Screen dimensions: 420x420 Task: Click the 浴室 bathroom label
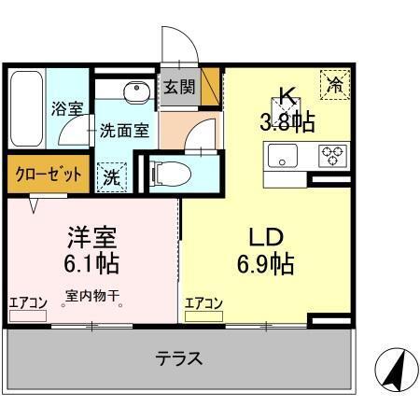(66, 109)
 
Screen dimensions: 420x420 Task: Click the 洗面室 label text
(124, 132)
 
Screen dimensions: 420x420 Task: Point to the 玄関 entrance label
(179, 89)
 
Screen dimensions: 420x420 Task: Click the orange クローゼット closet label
(48, 174)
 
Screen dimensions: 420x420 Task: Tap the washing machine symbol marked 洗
(111, 174)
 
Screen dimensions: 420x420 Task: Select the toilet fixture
(171, 172)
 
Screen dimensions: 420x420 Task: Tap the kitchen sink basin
(281, 155)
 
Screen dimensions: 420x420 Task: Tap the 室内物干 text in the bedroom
(93, 300)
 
